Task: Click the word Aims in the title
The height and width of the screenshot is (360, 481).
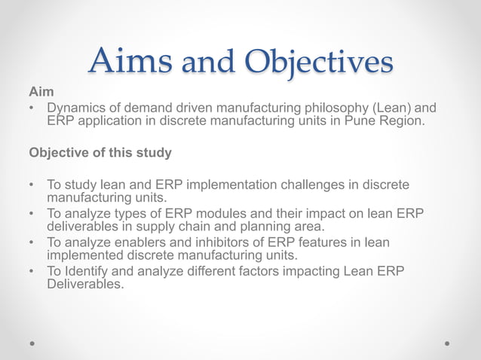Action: pyautogui.click(x=129, y=62)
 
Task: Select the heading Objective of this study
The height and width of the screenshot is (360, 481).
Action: pyautogui.click(x=100, y=153)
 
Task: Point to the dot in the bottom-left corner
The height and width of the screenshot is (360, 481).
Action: pyautogui.click(x=32, y=343)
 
